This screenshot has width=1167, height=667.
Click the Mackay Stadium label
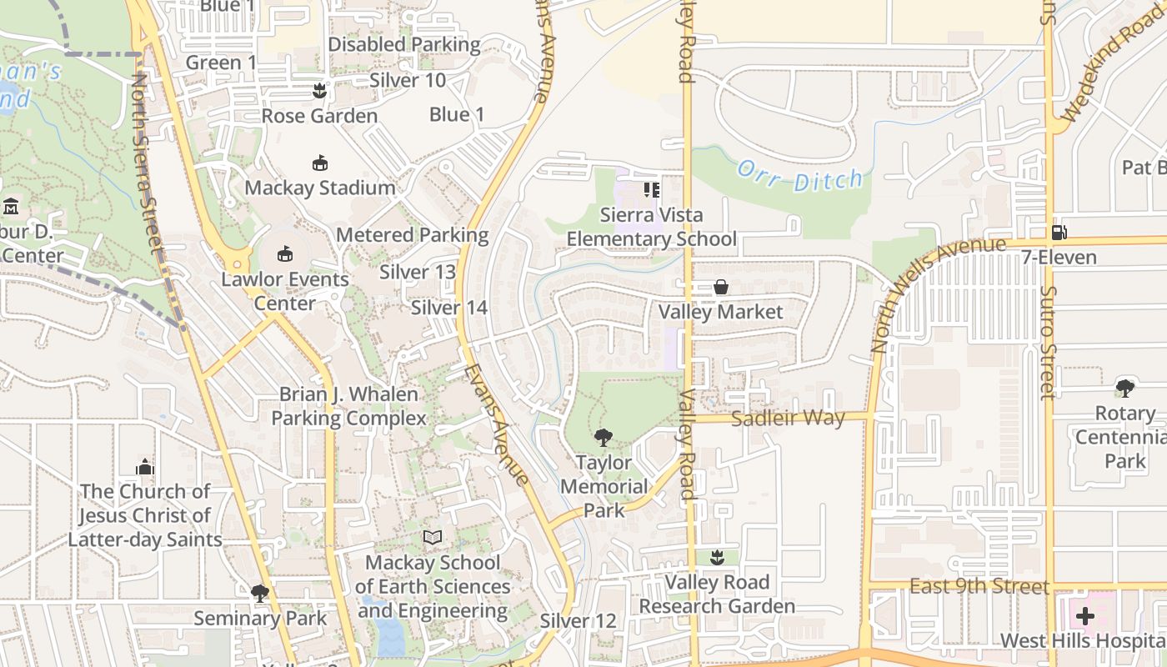pyautogui.click(x=319, y=188)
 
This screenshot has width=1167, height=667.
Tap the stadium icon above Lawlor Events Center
pyautogui.click(x=285, y=253)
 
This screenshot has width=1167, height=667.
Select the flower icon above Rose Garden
pyautogui.click(x=318, y=89)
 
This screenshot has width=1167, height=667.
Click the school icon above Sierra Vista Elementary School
pyautogui.click(x=651, y=190)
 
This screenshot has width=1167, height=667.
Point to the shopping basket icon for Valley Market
pyautogui.click(x=721, y=287)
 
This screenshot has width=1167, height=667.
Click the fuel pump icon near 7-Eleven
pyautogui.click(x=1059, y=232)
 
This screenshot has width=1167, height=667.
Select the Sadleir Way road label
pyautogui.click(x=788, y=418)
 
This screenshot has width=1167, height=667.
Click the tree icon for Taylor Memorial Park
pyautogui.click(x=603, y=437)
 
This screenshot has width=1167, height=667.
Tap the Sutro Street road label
pyautogui.click(x=1049, y=342)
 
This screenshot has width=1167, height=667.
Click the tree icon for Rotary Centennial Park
pyautogui.click(x=1124, y=388)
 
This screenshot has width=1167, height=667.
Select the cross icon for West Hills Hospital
pyautogui.click(x=1085, y=616)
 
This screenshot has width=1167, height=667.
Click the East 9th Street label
pyautogui.click(x=979, y=586)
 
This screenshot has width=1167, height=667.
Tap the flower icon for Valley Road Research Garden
pyautogui.click(x=717, y=557)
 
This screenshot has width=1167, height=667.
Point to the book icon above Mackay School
pyautogui.click(x=432, y=538)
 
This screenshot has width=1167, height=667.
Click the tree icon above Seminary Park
pyautogui.click(x=260, y=593)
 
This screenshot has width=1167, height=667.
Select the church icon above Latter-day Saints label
pyautogui.click(x=145, y=467)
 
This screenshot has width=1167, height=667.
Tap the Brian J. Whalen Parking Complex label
pyautogui.click(x=348, y=406)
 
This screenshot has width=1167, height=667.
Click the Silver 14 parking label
pyautogui.click(x=448, y=308)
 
